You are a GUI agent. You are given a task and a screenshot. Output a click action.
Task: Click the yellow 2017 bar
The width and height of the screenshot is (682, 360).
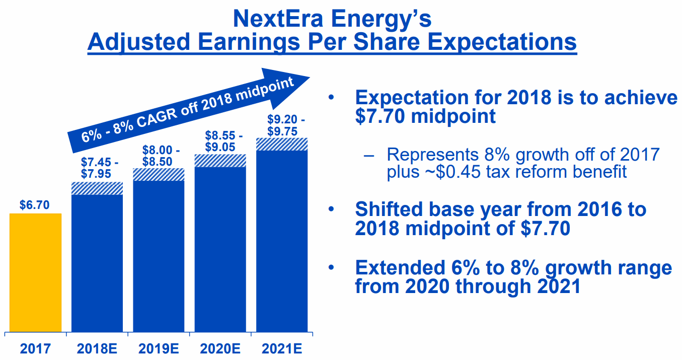pos(35,272)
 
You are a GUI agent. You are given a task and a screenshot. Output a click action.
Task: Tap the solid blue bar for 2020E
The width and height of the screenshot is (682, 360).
pos(220,249)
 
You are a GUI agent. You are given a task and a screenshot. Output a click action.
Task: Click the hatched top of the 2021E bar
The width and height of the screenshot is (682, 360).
pos(282,144)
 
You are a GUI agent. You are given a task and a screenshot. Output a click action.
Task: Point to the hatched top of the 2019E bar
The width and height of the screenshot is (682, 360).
pos(159,174)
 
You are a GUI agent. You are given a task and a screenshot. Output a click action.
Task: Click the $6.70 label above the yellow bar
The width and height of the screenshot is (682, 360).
pos(35,205)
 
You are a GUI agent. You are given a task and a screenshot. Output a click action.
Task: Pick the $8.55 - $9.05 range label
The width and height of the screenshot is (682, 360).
pos(223,141)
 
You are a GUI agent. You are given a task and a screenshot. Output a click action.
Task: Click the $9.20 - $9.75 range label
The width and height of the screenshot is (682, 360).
pos(285,125)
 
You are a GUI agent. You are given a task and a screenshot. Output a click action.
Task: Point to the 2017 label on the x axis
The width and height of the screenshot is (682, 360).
pos(35,348)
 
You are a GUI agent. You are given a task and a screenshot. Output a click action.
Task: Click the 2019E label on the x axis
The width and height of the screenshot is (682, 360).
pos(159,348)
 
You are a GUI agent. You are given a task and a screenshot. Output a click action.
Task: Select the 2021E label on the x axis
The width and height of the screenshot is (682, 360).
pos(282,348)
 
